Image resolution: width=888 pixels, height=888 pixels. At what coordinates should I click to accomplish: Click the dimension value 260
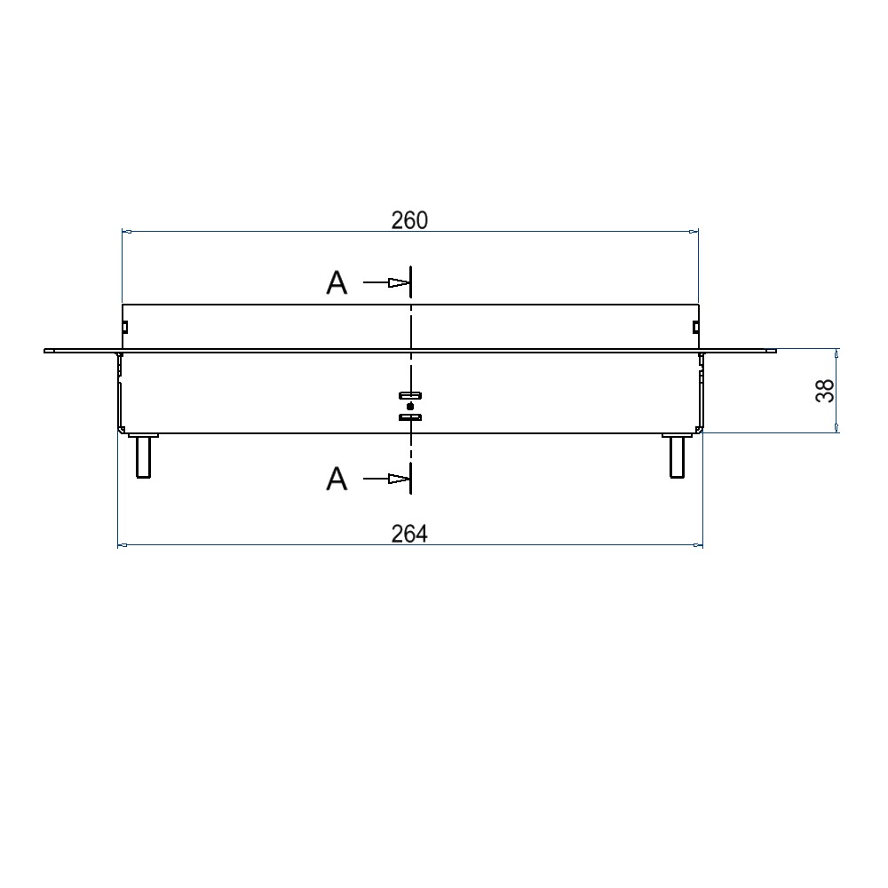tap(409, 220)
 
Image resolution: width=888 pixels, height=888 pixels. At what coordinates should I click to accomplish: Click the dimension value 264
tap(409, 534)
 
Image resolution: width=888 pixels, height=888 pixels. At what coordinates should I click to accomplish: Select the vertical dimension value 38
tap(825, 391)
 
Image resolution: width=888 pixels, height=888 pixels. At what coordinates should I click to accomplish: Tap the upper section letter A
tap(337, 283)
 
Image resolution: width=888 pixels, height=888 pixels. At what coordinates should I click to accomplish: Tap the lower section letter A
tap(337, 480)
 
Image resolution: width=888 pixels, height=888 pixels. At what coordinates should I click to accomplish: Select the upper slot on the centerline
tap(410, 396)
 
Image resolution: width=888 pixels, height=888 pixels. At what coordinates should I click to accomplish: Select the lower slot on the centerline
tap(410, 416)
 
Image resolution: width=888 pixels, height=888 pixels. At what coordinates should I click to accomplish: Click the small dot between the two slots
tap(409, 406)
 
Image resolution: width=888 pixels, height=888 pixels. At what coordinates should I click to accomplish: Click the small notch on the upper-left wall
tap(125, 328)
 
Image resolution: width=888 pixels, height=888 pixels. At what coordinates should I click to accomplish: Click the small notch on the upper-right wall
tap(694, 328)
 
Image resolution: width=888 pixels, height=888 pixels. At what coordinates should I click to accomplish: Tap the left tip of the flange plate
tap(46, 351)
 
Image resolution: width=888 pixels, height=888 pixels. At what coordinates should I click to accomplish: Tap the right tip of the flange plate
tap(774, 351)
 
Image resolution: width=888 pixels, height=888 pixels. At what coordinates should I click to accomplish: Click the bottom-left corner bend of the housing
tap(121, 431)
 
